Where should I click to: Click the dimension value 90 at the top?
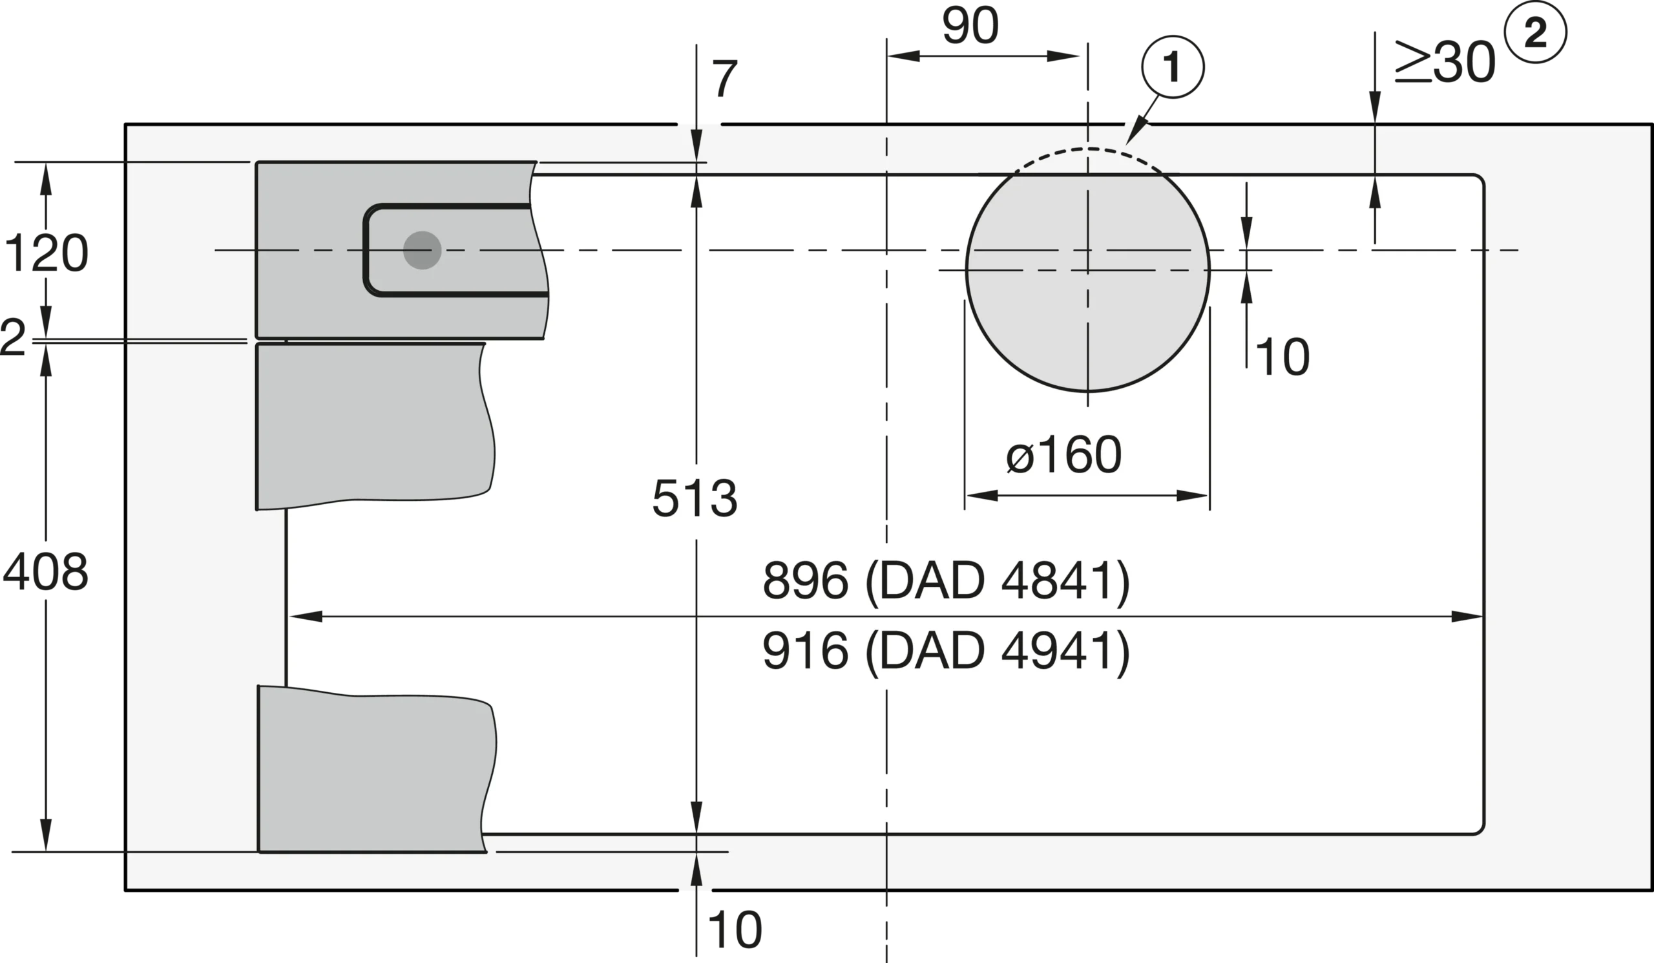pos(970,26)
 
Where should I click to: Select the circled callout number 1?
pos(1173,67)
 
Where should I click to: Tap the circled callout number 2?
pos(1535,32)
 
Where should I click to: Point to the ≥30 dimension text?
pos(1445,63)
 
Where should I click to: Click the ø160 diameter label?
pos(1064,454)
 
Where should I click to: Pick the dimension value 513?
pos(695,498)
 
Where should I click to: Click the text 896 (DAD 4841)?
pos(946,581)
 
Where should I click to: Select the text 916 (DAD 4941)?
pos(946,651)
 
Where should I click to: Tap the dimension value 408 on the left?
pos(45,572)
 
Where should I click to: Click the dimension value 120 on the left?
pos(46,253)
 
